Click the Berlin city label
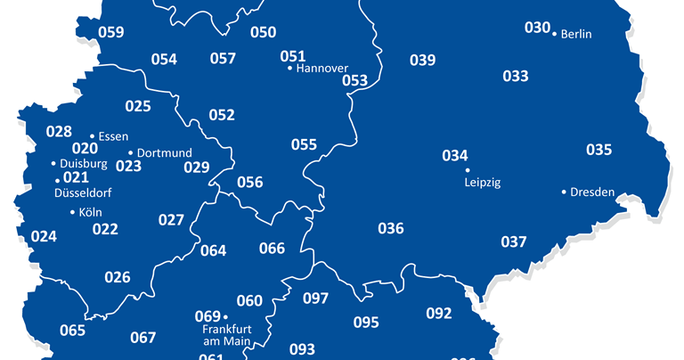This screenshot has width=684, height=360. [577, 35]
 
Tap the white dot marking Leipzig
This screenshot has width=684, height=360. [468, 169]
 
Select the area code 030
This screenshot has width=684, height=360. [537, 28]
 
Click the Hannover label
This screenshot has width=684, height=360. [322, 68]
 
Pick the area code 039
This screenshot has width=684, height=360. [422, 60]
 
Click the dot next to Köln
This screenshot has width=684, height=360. [72, 212]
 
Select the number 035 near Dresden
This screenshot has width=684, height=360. [598, 149]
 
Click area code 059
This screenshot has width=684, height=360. [110, 33]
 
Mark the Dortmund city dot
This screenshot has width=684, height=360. [130, 153]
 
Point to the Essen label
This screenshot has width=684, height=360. [115, 136]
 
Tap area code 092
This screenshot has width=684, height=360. [438, 313]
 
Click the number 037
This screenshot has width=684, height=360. [513, 241]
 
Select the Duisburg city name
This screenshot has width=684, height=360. [84, 164]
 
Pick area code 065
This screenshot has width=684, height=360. [72, 331]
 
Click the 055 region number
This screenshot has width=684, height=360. [304, 144]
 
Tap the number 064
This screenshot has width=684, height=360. [213, 250]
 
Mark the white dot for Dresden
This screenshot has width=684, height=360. [564, 192]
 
